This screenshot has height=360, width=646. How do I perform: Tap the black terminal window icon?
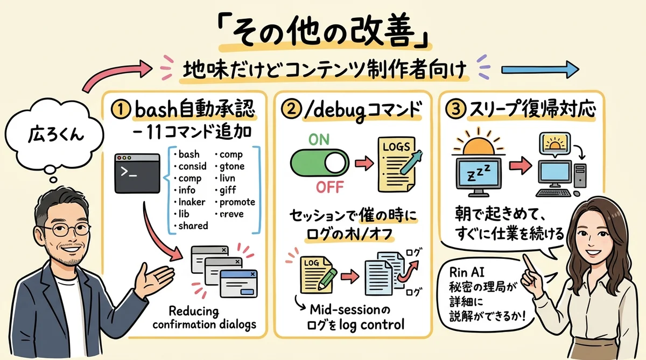coord(137,175)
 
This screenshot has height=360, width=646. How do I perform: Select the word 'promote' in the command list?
coord(237,202)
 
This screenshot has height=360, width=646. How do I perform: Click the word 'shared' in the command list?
coord(192,226)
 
